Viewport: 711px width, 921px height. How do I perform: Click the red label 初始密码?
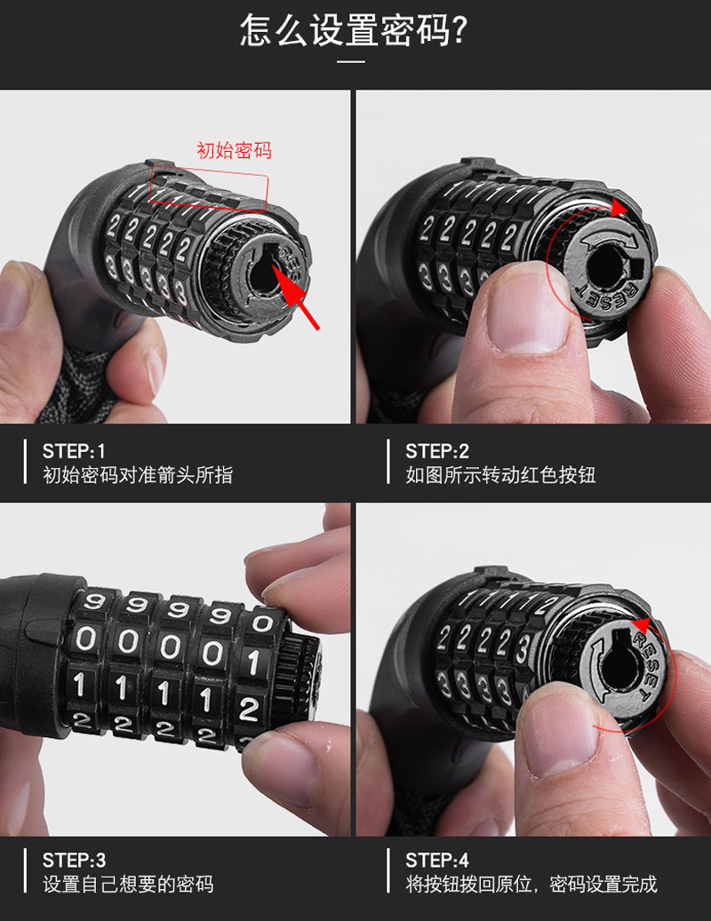tap(234, 150)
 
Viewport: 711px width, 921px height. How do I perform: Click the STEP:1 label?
tap(74, 451)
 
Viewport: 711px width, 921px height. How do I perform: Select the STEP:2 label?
tap(437, 451)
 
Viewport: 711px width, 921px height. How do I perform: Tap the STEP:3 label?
tap(74, 860)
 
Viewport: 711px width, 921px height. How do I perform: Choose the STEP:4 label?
tap(437, 860)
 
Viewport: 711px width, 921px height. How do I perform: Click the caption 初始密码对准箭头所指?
tap(138, 474)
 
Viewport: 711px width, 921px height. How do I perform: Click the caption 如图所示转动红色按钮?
tap(500, 474)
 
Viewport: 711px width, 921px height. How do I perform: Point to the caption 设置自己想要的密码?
tap(128, 884)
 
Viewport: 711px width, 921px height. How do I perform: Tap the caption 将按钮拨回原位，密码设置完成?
tap(531, 884)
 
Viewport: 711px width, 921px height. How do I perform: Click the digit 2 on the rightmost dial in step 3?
tap(249, 710)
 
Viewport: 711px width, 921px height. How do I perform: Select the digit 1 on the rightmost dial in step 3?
tap(253, 663)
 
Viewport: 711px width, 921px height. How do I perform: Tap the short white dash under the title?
tap(353, 61)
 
